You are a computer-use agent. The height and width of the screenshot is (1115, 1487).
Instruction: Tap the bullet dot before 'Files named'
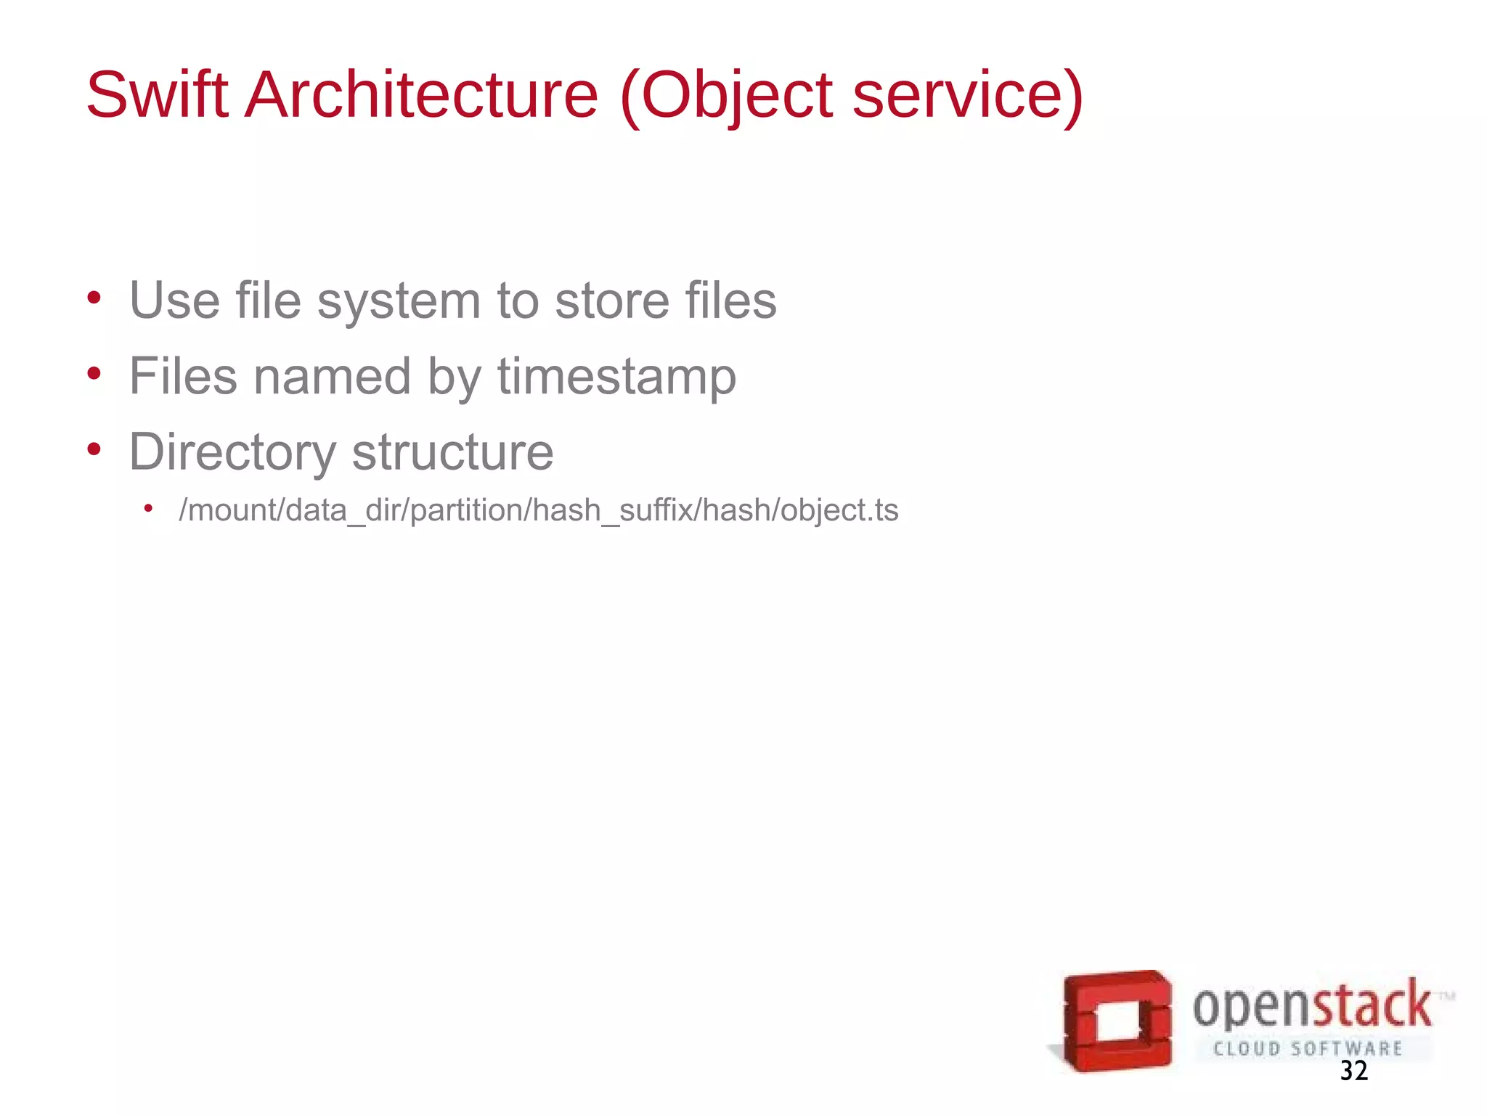(94, 374)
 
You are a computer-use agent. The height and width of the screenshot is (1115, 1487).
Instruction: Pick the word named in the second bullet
(332, 376)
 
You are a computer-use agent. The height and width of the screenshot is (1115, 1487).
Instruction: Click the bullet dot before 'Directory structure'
(94, 449)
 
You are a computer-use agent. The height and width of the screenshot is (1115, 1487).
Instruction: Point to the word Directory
(232, 452)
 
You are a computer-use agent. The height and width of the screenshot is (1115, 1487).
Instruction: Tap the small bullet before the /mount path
(148, 508)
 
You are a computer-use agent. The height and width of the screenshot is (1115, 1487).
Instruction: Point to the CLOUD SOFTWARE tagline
(1308, 1048)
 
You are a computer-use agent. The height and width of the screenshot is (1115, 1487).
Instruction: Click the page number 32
(1354, 1071)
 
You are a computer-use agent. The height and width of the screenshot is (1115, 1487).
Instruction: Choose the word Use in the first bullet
(174, 301)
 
